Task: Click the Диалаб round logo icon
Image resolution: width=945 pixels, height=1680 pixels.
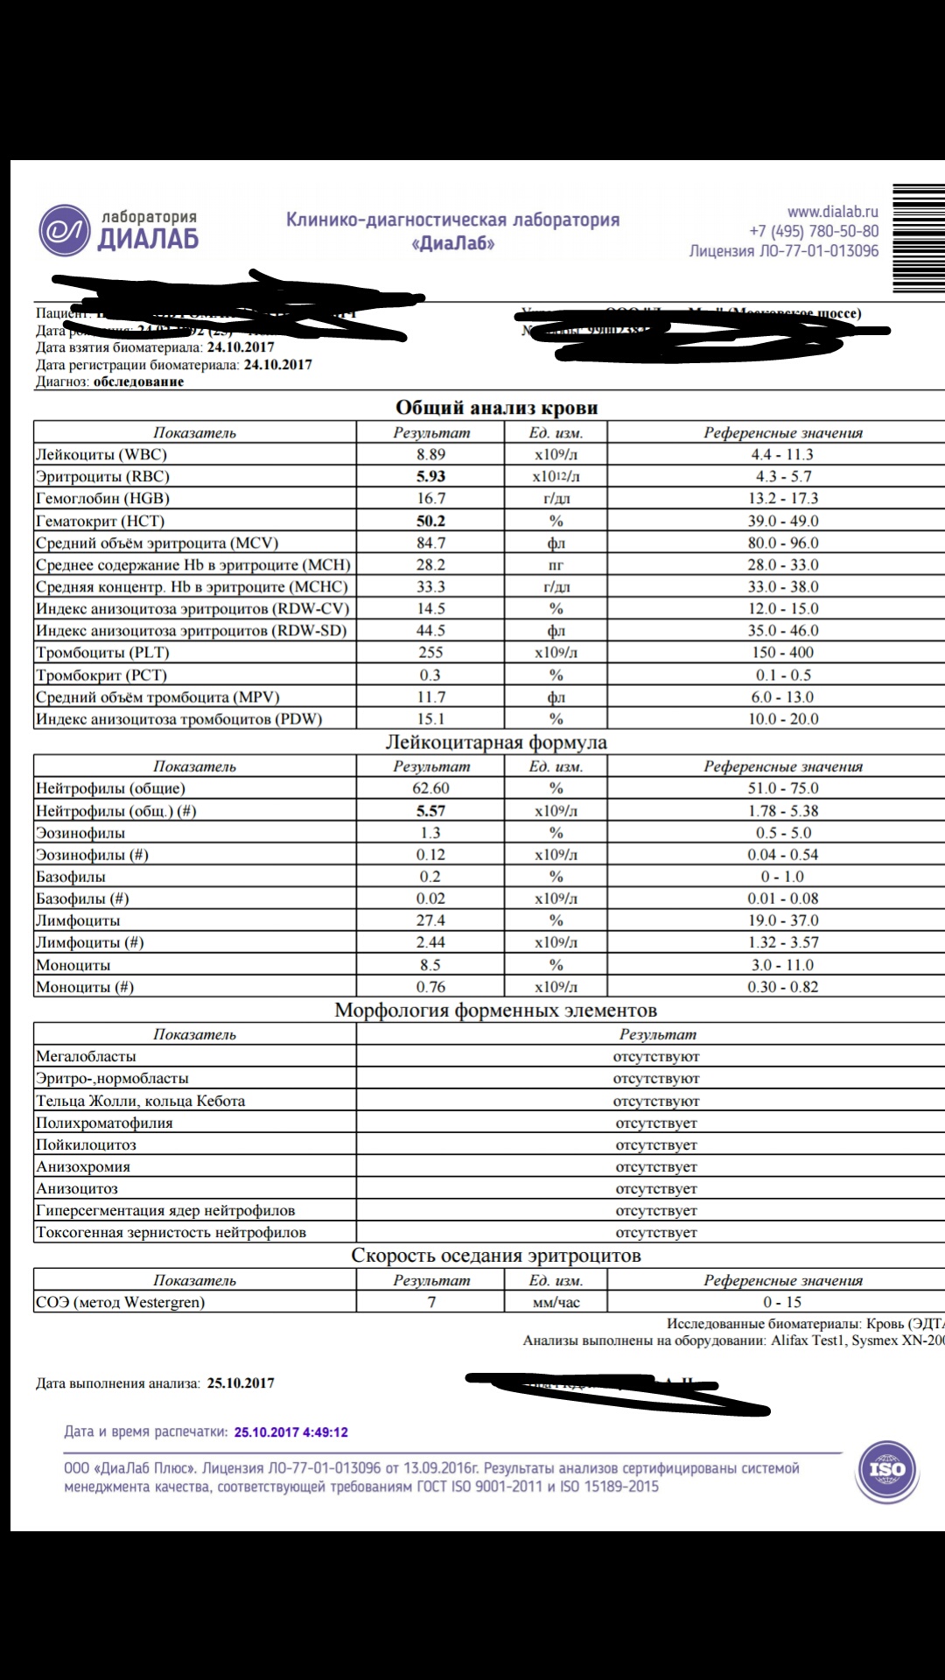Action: point(65,231)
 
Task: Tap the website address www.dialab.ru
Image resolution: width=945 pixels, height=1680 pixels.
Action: point(832,212)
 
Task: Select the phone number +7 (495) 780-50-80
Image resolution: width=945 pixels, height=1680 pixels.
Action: point(814,232)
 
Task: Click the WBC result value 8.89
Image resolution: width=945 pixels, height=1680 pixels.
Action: point(430,454)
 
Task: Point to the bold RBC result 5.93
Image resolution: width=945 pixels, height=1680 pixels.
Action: point(430,476)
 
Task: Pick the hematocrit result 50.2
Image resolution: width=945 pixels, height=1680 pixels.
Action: point(430,521)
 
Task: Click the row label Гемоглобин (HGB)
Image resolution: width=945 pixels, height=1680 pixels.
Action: point(102,499)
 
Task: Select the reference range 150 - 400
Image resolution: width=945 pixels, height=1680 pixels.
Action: point(782,653)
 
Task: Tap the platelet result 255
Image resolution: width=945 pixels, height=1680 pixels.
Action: point(430,653)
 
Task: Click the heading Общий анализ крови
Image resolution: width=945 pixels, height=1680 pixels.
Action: point(496,408)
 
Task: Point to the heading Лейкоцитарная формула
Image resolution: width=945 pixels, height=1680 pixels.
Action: point(496,743)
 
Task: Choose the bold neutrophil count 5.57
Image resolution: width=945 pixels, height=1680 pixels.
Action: point(430,811)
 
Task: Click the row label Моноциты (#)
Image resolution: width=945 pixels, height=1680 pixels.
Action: point(85,987)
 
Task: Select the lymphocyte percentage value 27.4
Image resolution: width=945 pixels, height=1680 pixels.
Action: point(430,920)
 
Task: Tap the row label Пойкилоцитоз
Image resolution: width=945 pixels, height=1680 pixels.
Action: point(86,1144)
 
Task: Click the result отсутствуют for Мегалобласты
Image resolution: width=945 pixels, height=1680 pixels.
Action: point(656,1057)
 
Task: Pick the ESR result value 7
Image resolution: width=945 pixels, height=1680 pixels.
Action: point(431,1302)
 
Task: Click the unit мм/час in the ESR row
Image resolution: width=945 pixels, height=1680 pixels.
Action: point(556,1302)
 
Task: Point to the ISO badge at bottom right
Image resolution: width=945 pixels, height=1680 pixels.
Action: point(885,1470)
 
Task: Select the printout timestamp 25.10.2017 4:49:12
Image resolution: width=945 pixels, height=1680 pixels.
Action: point(290,1432)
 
